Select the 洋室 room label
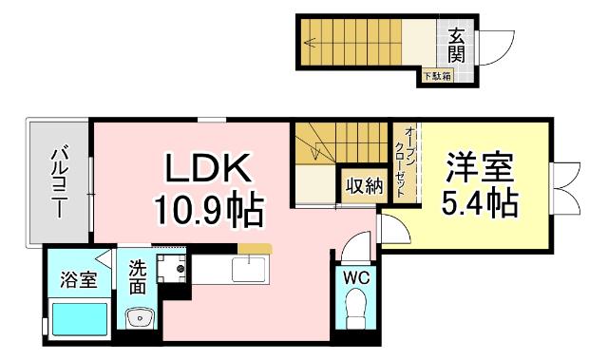pyautogui.click(x=482, y=169)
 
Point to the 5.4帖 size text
pyautogui.click(x=482, y=203)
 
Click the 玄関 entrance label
pyautogui.click(x=457, y=44)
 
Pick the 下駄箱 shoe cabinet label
pyautogui.click(x=437, y=76)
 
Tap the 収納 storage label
pyautogui.click(x=364, y=186)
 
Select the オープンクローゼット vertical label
pyautogui.click(x=404, y=161)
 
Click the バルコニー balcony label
pyautogui.click(x=58, y=180)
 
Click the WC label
pyautogui.click(x=356, y=278)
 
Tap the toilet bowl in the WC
pyautogui.click(x=356, y=309)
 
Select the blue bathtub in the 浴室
pyautogui.click(x=80, y=315)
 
